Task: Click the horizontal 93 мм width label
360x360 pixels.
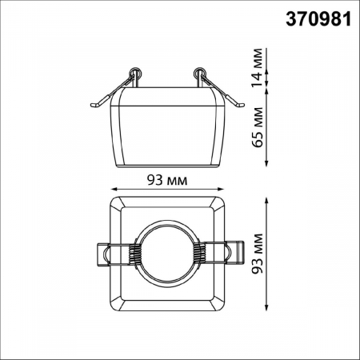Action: pos(168,179)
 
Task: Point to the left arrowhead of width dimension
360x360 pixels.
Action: pos(112,190)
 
